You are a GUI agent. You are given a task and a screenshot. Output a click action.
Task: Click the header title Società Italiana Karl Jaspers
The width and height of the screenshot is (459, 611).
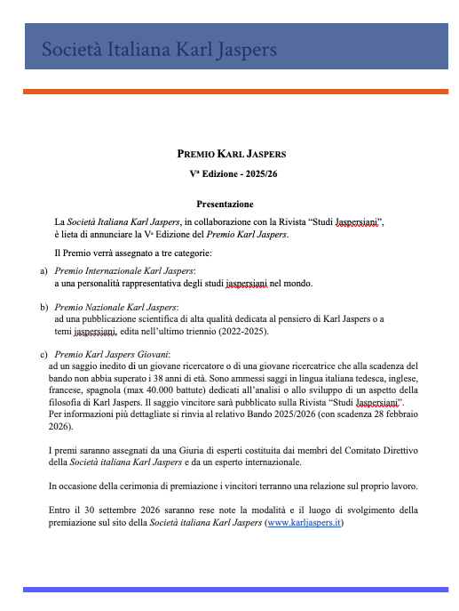[160, 51]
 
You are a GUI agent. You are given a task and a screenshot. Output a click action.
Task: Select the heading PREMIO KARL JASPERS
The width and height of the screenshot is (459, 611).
[232, 154]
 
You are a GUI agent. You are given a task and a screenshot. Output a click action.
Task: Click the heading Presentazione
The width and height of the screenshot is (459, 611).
[225, 204]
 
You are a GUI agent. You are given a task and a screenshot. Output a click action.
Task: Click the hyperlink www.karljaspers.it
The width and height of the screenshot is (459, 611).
[304, 523]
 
